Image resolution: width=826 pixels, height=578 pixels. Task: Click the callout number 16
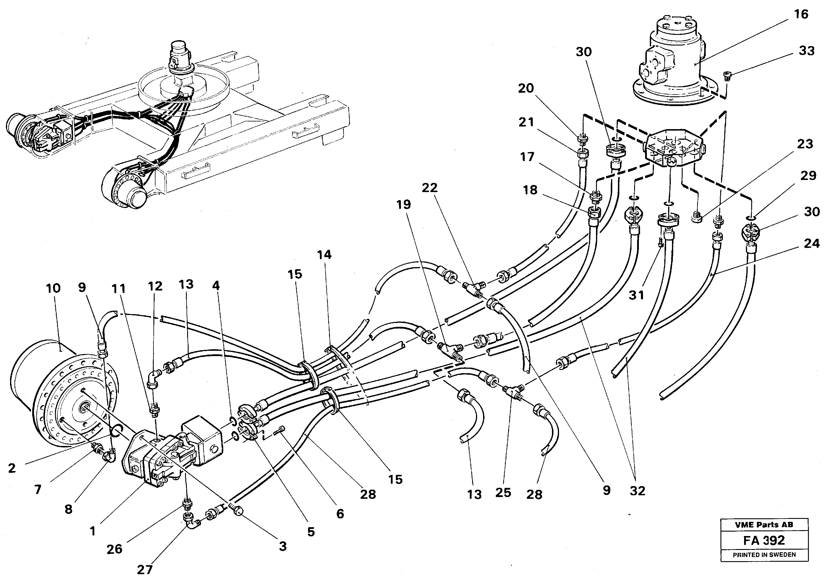pos(801,14)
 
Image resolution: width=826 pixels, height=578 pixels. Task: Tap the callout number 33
pos(806,51)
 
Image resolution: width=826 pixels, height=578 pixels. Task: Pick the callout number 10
pos(53,288)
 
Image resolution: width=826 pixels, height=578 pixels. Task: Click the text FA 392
pos(764,540)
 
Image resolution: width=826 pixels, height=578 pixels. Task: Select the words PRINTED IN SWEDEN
pos(764,555)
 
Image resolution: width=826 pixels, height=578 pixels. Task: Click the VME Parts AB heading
pos(764,525)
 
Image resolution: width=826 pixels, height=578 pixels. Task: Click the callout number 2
pos(12,468)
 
